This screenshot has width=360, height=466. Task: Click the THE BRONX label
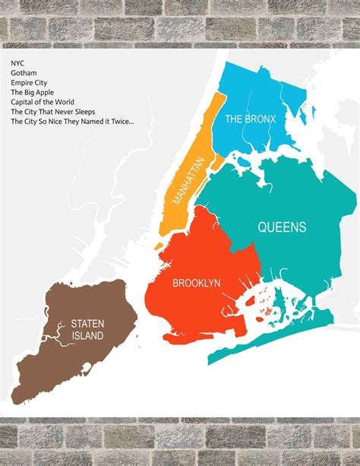(x=249, y=119)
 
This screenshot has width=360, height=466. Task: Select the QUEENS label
(x=282, y=227)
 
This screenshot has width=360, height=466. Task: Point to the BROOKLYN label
(x=196, y=283)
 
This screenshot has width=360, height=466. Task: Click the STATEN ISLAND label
(x=87, y=329)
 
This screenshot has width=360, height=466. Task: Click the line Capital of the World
(x=43, y=101)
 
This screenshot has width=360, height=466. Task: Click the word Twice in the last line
(x=121, y=121)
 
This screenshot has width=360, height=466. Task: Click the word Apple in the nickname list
(x=46, y=91)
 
